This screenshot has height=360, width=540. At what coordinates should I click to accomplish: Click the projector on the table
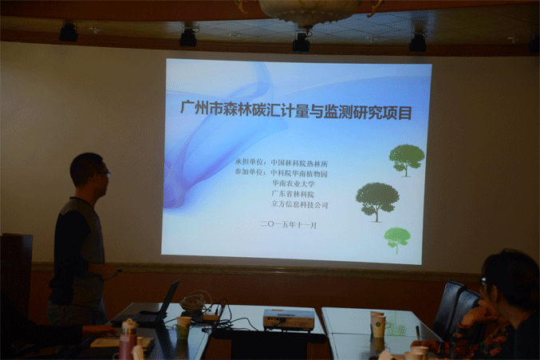[x=289, y=319]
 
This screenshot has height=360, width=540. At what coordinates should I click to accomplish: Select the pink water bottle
[x=128, y=339]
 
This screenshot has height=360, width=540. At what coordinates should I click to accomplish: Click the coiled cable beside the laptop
[x=194, y=303]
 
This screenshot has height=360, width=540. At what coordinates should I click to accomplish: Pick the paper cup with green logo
[x=378, y=325]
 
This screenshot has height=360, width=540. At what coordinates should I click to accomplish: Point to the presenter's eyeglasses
[x=103, y=174]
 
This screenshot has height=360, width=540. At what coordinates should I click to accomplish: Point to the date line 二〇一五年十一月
[x=289, y=224]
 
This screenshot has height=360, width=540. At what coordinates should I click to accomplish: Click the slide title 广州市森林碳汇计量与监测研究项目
[x=296, y=110]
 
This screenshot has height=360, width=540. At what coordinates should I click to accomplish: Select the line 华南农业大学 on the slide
[x=293, y=184]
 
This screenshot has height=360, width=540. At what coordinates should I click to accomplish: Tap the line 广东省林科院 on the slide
[x=293, y=194]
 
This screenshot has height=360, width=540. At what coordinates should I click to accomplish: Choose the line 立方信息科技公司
[x=300, y=204]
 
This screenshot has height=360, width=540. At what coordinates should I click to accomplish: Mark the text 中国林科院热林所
[x=299, y=163]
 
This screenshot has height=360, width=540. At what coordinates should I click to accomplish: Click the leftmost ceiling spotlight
[x=69, y=33]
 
